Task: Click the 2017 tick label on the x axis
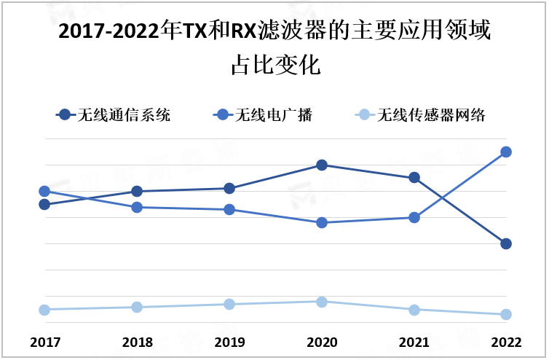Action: click(x=44, y=342)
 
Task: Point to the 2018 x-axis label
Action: click(x=136, y=342)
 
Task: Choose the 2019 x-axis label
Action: click(x=229, y=342)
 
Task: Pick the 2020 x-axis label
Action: click(x=321, y=342)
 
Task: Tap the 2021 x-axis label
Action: click(x=414, y=342)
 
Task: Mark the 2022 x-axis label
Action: click(x=506, y=342)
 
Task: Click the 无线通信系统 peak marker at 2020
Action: click(x=321, y=165)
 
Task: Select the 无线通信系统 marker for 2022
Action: click(x=506, y=243)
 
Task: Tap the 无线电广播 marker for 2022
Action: click(x=506, y=152)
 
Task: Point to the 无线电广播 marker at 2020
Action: click(x=321, y=222)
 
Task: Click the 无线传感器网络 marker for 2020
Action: click(x=321, y=301)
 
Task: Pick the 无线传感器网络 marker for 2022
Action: click(x=506, y=314)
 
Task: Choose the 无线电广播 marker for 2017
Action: click(x=44, y=191)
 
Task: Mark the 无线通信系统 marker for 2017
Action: click(x=44, y=204)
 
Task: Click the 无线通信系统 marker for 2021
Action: click(x=414, y=177)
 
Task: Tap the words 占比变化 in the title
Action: click(x=275, y=66)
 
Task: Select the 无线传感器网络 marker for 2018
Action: click(x=136, y=307)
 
